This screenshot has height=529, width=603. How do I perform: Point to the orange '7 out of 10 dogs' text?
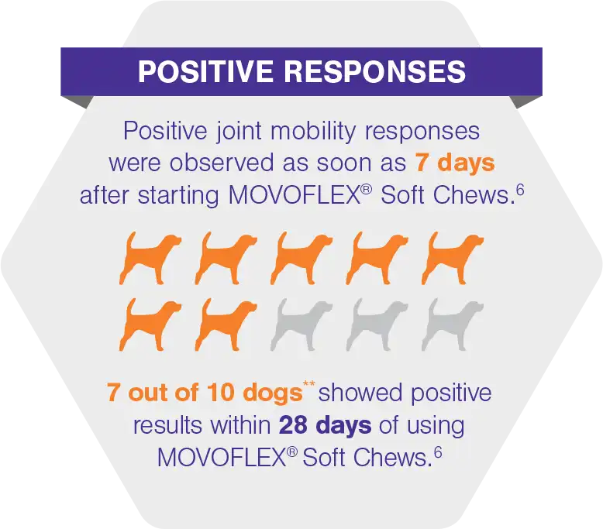(x=205, y=393)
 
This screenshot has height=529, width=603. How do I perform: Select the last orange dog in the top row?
(x=453, y=256)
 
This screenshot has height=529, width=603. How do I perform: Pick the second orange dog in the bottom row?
(x=226, y=323)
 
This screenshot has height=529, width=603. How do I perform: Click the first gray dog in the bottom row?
(x=301, y=323)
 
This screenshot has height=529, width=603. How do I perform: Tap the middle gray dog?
(x=377, y=323)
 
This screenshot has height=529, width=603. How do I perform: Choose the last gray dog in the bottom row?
(x=453, y=323)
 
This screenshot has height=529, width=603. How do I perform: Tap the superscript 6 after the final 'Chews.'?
(x=438, y=449)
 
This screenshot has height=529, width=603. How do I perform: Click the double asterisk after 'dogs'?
(x=310, y=385)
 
